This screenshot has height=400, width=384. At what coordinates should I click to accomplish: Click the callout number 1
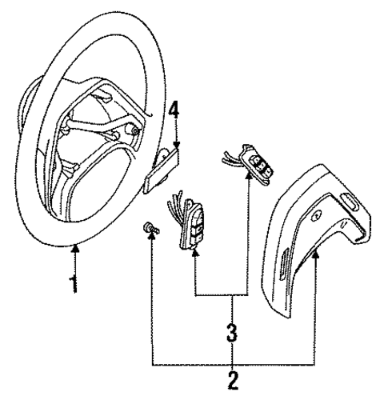click(74, 285)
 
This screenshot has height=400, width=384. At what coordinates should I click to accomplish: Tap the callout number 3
click(232, 333)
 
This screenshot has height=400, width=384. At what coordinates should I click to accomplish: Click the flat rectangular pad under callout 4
click(162, 170)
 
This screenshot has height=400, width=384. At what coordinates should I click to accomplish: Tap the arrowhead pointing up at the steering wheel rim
click(76, 249)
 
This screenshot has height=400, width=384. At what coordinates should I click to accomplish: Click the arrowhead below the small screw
click(152, 236)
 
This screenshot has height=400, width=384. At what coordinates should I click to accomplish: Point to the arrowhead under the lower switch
click(195, 253)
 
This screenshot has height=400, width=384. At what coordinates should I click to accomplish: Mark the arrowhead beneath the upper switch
click(248, 175)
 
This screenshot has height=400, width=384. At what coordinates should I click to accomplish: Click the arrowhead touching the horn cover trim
click(316, 255)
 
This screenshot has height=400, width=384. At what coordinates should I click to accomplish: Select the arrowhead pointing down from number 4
click(176, 145)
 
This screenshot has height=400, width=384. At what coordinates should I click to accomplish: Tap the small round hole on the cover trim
click(317, 215)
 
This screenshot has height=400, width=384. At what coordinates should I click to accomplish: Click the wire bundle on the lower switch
click(176, 206)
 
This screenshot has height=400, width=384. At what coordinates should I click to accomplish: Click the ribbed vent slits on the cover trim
click(284, 263)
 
